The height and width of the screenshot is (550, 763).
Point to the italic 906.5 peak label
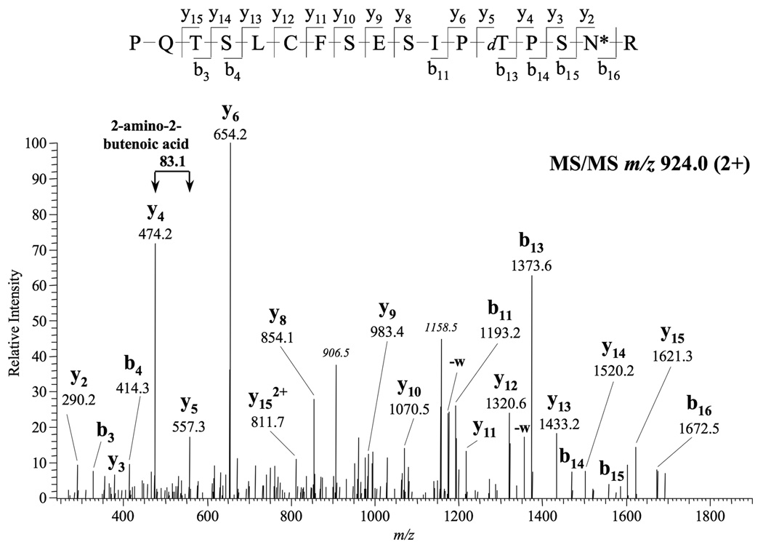click(336, 354)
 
